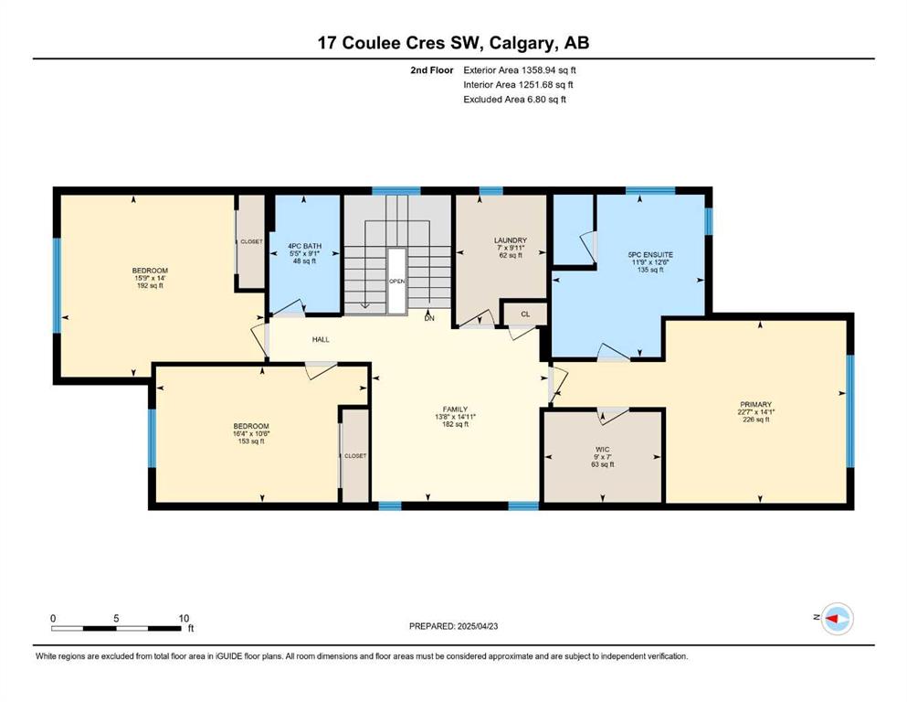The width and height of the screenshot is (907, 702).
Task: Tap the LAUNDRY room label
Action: (x=511, y=240)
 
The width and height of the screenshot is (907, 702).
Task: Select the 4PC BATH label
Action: (x=305, y=246)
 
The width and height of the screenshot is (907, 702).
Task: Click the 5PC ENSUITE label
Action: (x=650, y=255)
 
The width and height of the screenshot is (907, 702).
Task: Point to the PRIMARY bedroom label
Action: (x=755, y=405)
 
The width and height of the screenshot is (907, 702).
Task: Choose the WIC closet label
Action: (x=602, y=450)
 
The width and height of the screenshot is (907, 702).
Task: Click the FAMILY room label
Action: (x=455, y=409)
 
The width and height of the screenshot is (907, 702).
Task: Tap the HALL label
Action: (x=321, y=340)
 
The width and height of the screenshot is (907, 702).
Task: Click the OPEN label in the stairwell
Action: (x=396, y=282)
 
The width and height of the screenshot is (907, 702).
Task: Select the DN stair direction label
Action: (x=429, y=318)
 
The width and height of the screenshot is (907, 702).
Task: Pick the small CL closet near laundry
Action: (x=525, y=314)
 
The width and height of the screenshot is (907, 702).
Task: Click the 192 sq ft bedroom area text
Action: (x=150, y=285)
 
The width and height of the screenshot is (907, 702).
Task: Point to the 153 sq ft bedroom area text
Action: (x=251, y=441)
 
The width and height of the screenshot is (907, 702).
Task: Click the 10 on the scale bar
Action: (x=184, y=618)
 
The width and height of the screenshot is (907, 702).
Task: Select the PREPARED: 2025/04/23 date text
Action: (x=453, y=626)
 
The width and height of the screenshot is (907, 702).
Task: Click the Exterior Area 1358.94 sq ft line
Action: (x=520, y=70)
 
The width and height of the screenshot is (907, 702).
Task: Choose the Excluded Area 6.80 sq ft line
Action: (x=515, y=99)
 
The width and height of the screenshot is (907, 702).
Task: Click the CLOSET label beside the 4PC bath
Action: (x=251, y=242)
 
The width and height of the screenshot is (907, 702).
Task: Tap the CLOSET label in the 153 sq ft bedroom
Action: (x=355, y=456)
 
